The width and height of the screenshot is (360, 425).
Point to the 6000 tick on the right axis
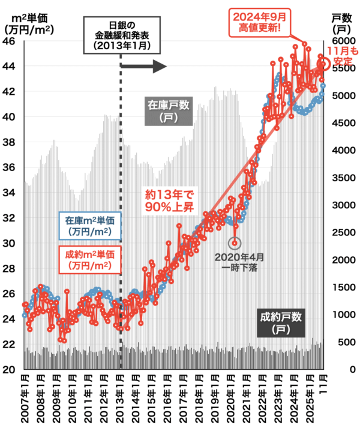(343, 41)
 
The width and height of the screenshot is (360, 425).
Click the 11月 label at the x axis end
(324, 384)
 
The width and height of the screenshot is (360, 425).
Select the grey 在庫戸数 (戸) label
(169, 111)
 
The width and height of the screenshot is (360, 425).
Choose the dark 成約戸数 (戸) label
(283, 322)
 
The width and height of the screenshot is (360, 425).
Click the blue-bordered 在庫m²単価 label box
(91, 225)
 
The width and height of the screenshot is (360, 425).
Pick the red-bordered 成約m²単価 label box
(91, 259)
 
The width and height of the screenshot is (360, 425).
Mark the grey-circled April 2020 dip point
(235, 243)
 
